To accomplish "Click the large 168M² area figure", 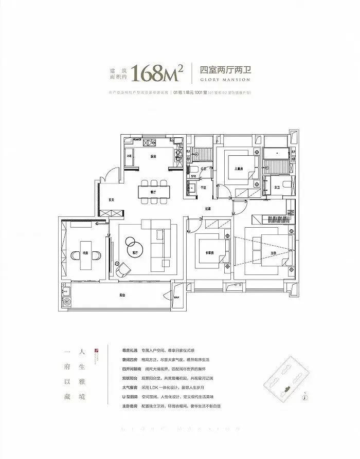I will coord(157,74).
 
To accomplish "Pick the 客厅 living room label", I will coord(135,253).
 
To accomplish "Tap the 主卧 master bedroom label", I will coord(273,253).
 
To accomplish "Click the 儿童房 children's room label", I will coord(238,168).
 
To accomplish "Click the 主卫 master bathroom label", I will coord(277,188).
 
